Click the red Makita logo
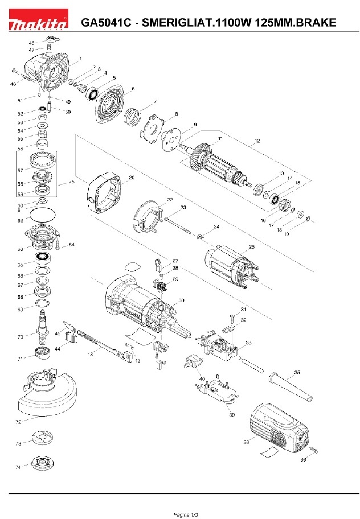(x=39, y=19)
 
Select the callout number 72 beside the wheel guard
(x=19, y=422)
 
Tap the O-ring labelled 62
(x=43, y=215)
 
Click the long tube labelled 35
(x=291, y=386)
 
